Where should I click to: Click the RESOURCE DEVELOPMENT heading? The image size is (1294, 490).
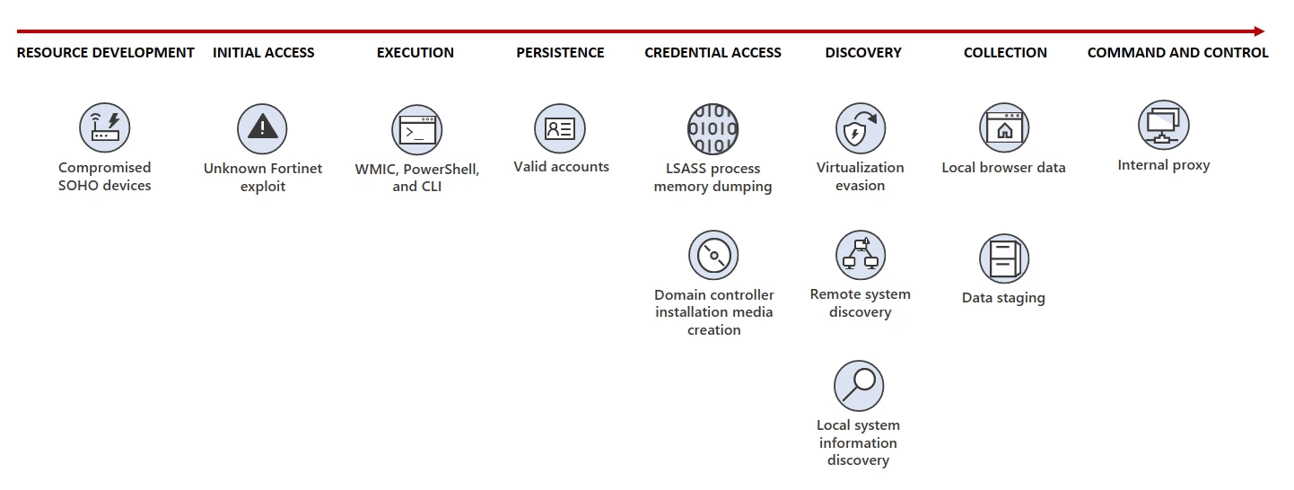point(105,53)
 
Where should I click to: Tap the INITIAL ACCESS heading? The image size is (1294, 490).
point(264,53)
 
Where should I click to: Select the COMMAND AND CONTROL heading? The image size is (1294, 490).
point(1178,53)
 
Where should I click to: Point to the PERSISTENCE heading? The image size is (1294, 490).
point(560,53)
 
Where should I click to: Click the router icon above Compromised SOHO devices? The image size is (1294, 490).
point(105,127)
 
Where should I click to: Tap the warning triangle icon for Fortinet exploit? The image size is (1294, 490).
point(262,128)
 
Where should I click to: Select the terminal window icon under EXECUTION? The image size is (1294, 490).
point(417,130)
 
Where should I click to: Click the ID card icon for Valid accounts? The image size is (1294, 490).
point(560,128)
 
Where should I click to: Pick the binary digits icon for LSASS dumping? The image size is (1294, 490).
point(713,129)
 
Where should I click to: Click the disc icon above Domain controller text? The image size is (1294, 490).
point(713,256)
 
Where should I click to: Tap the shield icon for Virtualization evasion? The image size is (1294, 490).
point(861,128)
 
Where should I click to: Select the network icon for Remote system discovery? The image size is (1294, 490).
point(861,255)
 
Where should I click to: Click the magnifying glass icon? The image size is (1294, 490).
point(859,385)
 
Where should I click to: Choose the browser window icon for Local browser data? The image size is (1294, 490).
point(1004,127)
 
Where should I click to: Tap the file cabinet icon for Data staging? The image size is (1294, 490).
point(1004,258)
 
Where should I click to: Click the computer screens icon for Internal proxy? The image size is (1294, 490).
point(1164,125)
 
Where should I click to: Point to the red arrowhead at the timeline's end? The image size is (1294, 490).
point(1259,31)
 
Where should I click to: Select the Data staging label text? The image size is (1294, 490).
point(1003,298)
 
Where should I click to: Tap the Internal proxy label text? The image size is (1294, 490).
point(1164,165)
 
